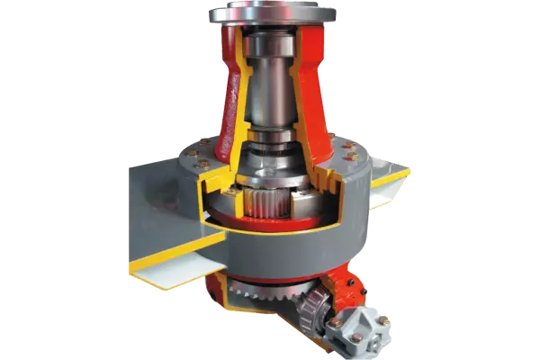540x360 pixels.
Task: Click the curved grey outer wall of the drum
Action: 297,247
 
